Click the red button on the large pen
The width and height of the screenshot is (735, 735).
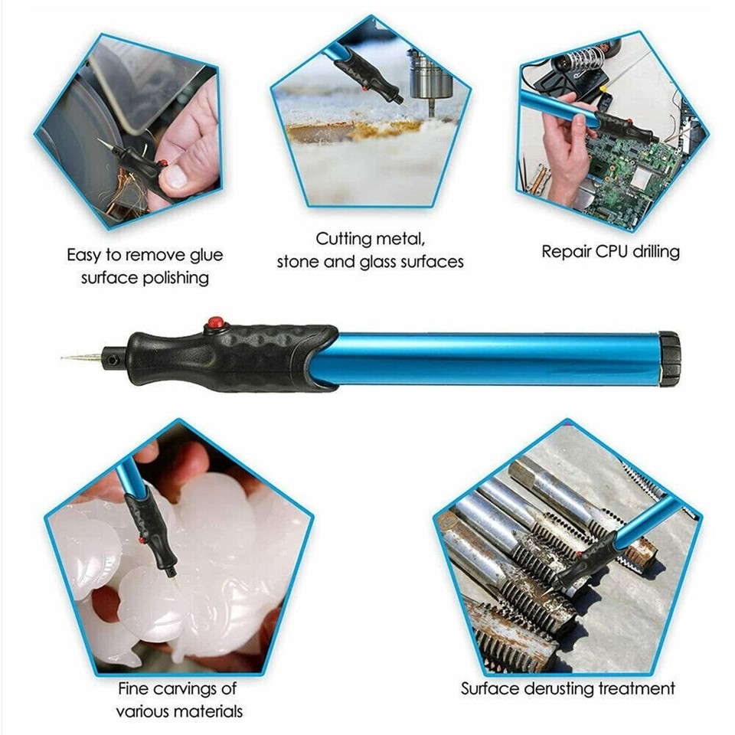point(216,322)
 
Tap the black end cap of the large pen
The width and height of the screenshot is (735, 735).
point(669,358)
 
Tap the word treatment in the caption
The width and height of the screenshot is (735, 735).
point(639,688)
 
